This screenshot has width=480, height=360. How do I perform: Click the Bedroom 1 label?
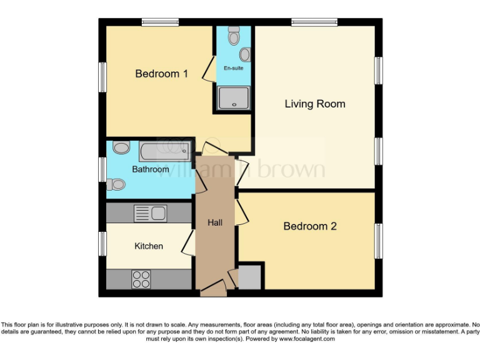pyautogui.click(x=162, y=74)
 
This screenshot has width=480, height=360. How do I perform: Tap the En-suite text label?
pyautogui.click(x=234, y=68)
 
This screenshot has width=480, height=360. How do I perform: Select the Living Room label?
pyautogui.click(x=315, y=104)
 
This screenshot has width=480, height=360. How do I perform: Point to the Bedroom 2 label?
pyautogui.click(x=310, y=226)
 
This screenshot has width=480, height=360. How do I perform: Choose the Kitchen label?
pyautogui.click(x=149, y=246)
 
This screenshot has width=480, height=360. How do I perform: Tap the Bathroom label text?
pyautogui.click(x=150, y=169)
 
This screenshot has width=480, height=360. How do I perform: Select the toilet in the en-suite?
pyautogui.click(x=234, y=36)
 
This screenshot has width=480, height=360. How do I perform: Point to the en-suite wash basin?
pyautogui.click(x=244, y=55)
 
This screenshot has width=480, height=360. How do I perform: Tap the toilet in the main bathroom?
pyautogui.click(x=116, y=184)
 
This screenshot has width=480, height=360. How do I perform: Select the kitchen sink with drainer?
pyautogui.click(x=150, y=214)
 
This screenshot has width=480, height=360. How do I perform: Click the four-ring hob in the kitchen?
pyautogui.click(x=141, y=279)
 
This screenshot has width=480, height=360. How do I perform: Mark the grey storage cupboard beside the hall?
pyautogui.click(x=250, y=277)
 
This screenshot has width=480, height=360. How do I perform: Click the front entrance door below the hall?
pyautogui.click(x=212, y=290)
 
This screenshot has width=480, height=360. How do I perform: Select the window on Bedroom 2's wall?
pyautogui.click(x=377, y=240)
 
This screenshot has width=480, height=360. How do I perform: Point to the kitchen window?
pyautogui.click(x=102, y=244)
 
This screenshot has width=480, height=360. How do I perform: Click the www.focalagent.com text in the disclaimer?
pyautogui.click(x=306, y=339)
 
